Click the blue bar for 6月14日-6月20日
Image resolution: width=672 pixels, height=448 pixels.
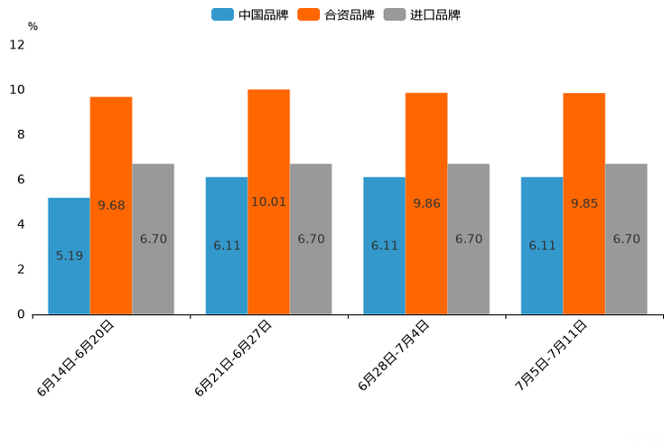69,256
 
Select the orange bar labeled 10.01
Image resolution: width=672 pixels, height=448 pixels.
268,201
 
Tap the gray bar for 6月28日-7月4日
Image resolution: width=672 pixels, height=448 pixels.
469,239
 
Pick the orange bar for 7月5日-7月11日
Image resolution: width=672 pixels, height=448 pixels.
583,203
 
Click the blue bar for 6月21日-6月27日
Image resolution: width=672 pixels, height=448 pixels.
227,246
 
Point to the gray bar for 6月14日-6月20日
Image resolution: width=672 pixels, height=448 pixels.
153,239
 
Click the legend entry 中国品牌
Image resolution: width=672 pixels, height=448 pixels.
250,14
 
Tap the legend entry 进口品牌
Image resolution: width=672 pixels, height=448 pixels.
422,14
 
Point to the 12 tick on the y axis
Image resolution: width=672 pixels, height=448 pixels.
17,45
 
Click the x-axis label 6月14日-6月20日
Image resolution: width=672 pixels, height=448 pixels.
76,358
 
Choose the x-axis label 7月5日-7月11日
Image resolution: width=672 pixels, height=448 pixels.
551,354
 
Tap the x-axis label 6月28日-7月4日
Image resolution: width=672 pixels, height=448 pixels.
394,355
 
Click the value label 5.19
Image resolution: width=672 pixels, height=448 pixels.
70,256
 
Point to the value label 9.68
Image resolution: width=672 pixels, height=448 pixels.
111,205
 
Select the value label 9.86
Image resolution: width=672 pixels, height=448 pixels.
426,203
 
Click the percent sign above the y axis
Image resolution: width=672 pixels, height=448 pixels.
33,26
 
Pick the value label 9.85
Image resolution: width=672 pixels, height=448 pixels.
584,203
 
